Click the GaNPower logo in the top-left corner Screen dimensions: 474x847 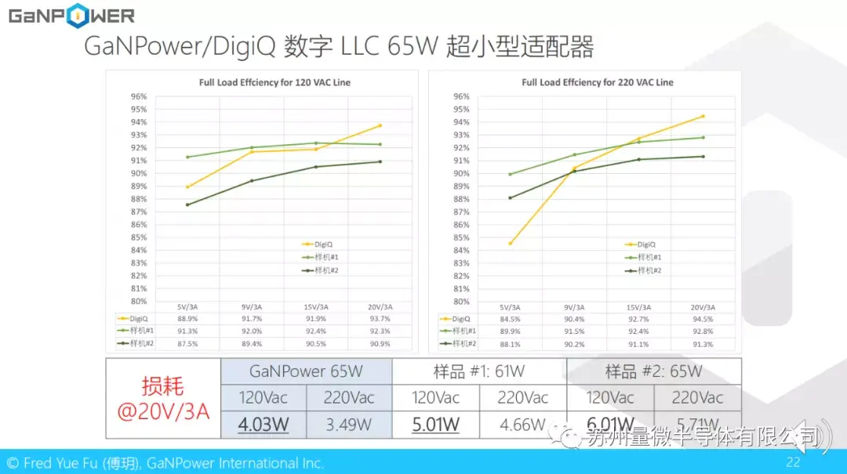click(71, 16)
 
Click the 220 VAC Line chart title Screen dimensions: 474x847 click(597, 82)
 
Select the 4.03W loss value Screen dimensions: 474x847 click(264, 425)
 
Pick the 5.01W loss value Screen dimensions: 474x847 click(435, 425)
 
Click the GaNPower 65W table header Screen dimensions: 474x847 click(307, 371)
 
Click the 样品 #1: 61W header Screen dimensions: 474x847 click(479, 371)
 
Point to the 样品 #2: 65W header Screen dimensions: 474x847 click(653, 371)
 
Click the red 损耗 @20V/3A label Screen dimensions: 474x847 click(163, 399)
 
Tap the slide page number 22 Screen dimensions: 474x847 click(793, 462)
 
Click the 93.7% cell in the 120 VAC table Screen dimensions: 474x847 click(380, 319)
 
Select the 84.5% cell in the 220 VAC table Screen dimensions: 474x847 click(510, 319)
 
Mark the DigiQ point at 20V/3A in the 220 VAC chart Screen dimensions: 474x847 click(703, 116)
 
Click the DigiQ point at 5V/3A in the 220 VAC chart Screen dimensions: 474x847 click(510, 244)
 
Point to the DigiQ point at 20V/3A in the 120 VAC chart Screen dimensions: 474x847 click(380, 125)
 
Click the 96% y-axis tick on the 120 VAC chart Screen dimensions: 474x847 click(139, 96)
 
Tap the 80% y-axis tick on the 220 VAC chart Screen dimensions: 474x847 click(461, 302)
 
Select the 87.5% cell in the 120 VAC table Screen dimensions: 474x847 click(187, 343)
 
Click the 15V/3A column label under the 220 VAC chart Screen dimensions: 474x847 click(638, 307)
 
